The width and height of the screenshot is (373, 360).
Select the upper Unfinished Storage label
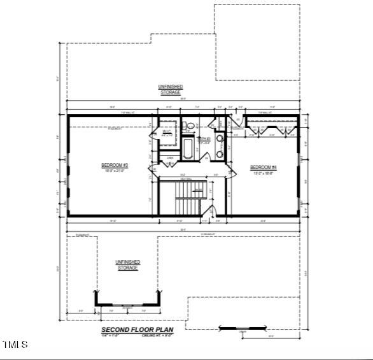coord(170,89)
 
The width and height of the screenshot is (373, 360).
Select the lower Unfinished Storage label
coord(127,264)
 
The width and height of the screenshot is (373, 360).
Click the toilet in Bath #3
coord(189,126)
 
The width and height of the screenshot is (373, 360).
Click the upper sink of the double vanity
coord(220,138)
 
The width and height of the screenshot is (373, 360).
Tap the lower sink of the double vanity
coord(220,151)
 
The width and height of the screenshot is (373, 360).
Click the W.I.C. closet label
coord(167,134)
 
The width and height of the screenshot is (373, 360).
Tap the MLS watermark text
coord(15,345)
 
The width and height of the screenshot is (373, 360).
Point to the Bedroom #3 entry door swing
coord(153,169)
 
